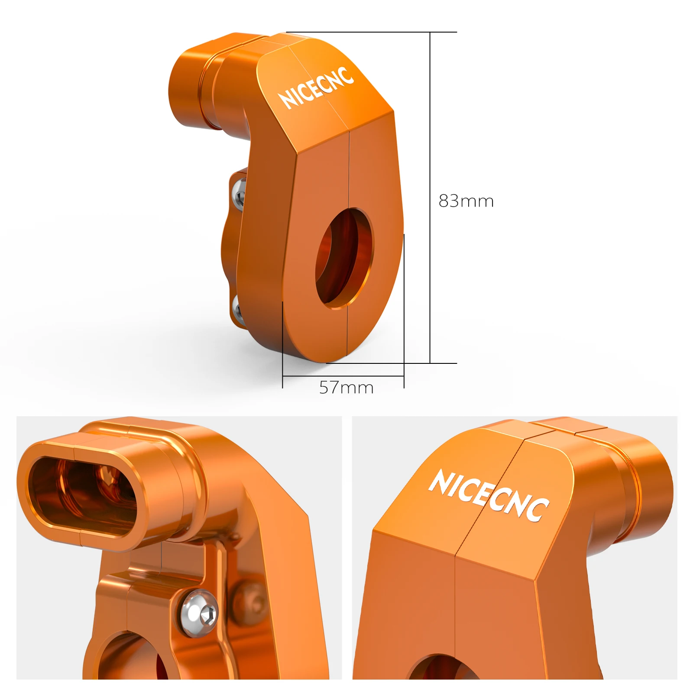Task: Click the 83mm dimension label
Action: tap(466, 201)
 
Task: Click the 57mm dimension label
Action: tap(346, 387)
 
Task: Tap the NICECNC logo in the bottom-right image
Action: tap(489, 495)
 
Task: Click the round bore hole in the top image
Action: tap(343, 258)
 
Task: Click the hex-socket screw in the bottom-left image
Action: tap(200, 613)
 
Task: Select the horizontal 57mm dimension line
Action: tap(343, 376)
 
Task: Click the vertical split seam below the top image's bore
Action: tap(347, 331)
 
